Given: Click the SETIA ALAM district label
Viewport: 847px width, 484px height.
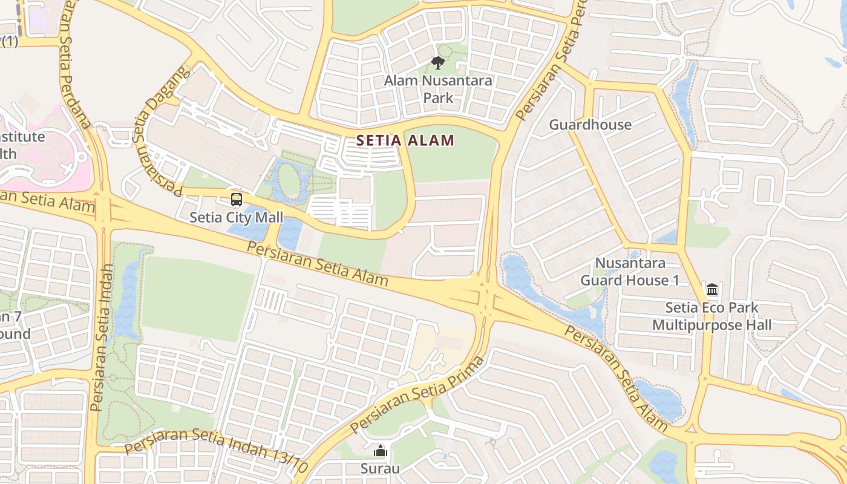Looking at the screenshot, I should click(x=405, y=141).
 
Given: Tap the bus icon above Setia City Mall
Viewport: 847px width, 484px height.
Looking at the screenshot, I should click(x=237, y=200).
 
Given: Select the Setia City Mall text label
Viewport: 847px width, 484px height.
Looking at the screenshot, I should click(x=236, y=217).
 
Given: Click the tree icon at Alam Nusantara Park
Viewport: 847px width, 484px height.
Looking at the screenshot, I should click(x=438, y=62).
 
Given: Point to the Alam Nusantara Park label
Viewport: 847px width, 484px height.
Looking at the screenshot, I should click(x=438, y=89).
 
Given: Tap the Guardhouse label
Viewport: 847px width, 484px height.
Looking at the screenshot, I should click(x=590, y=125).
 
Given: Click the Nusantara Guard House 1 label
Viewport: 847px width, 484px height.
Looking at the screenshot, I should click(x=630, y=272).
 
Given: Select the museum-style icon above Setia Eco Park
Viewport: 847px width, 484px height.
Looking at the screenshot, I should click(x=711, y=290).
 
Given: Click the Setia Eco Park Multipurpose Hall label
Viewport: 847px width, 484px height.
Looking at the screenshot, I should click(x=711, y=316).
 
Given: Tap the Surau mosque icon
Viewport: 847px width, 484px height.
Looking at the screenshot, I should click(x=380, y=451).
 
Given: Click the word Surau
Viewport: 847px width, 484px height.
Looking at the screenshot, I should click(x=380, y=468).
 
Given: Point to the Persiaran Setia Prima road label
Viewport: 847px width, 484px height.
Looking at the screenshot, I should click(x=417, y=395).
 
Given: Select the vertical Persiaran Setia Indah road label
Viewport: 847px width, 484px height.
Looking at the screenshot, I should click(x=102, y=339).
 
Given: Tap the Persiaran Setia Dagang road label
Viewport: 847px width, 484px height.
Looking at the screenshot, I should click(x=159, y=130).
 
